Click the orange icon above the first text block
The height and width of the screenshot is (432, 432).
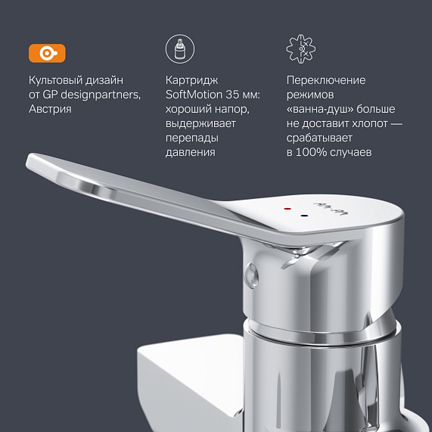[x=47, y=53]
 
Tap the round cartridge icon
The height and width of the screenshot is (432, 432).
[x=179, y=50]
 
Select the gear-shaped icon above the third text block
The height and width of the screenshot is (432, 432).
[x=301, y=50]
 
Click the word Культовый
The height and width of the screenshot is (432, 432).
[x=55, y=80]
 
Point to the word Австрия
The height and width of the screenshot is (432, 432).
[x=50, y=109]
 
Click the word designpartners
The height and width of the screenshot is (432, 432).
[x=101, y=95]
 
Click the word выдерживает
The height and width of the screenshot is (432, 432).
[x=200, y=123]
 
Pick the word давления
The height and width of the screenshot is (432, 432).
[x=190, y=152]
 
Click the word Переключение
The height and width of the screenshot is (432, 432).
[x=326, y=80]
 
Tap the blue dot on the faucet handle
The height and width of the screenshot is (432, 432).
[x=303, y=216]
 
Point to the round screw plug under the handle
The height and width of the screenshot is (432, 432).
[x=251, y=275]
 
